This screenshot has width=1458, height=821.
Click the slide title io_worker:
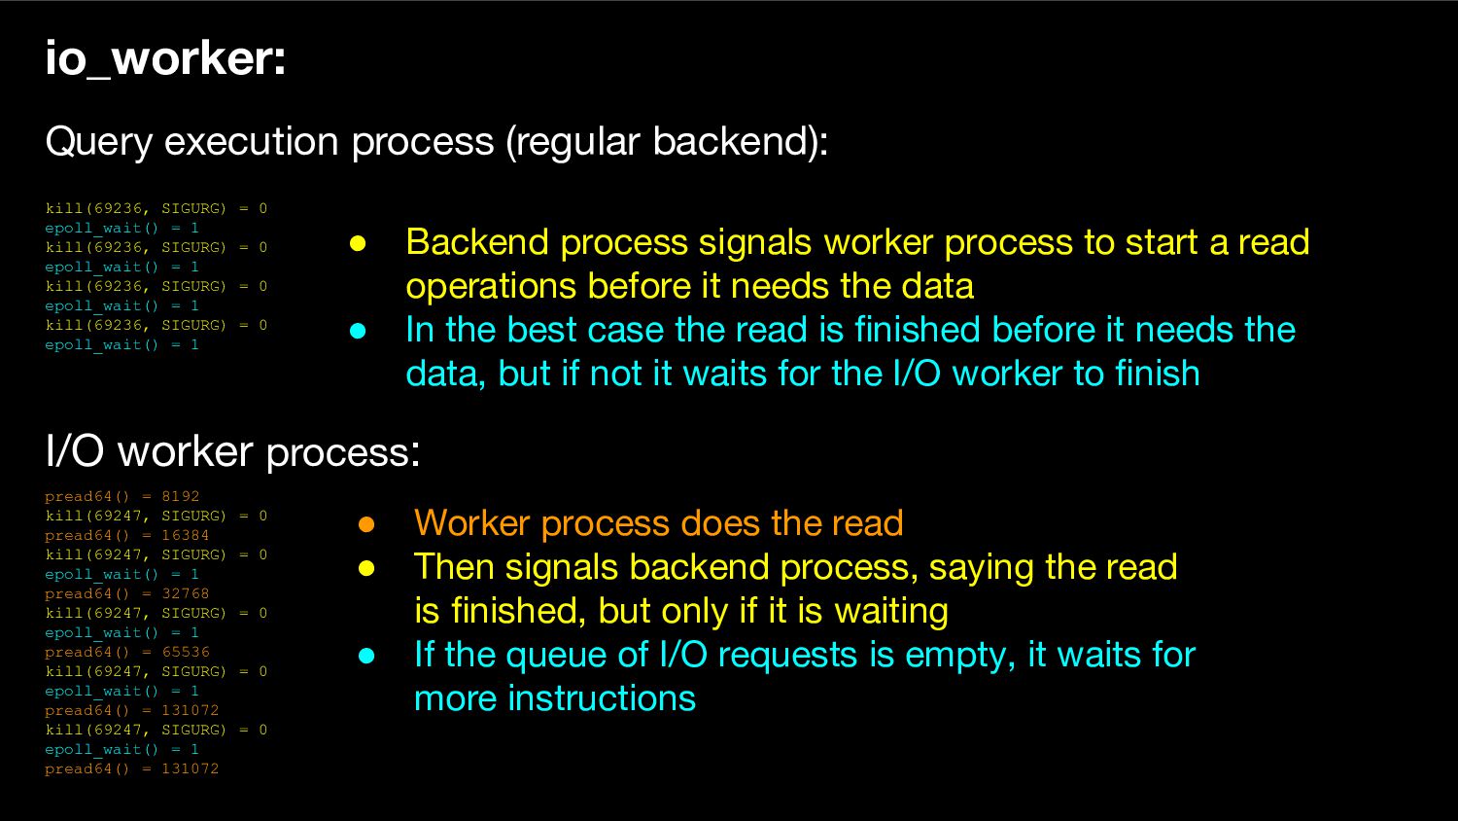coord(165,59)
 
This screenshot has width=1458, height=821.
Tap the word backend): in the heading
coord(741,141)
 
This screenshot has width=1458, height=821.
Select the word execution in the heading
coord(251,141)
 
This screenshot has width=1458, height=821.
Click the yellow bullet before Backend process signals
coord(358,244)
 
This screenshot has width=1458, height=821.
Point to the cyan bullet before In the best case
coord(358,331)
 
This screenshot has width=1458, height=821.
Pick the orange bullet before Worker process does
coord(366,524)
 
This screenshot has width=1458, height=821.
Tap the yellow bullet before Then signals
coord(366,568)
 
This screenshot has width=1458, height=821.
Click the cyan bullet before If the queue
coord(366,656)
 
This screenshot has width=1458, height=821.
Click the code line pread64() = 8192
coord(121,496)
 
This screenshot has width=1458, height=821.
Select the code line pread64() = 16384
coord(127,536)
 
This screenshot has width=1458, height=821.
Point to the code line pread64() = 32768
coord(127,593)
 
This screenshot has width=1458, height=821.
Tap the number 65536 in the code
coord(186,652)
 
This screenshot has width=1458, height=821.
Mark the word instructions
coord(602,698)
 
